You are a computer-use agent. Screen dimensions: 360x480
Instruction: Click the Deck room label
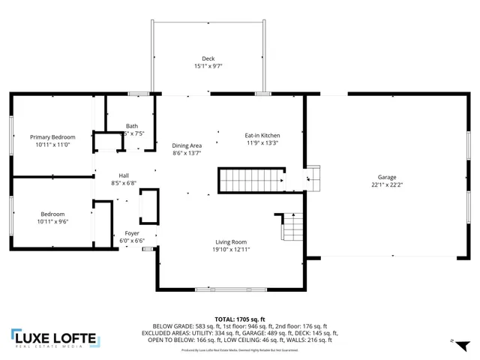click(208, 58)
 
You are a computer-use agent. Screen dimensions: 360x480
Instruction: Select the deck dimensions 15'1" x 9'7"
click(208, 66)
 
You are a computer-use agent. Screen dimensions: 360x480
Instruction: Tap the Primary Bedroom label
click(52, 137)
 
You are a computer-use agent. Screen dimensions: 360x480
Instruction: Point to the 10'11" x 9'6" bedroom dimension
click(52, 221)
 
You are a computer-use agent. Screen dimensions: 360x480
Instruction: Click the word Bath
click(132, 126)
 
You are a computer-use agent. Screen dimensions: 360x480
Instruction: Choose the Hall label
click(103, 175)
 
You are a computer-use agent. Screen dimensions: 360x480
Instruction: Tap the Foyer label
click(131, 234)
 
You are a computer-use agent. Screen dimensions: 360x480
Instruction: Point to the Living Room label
click(231, 241)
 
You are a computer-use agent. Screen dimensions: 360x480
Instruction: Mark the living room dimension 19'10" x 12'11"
click(231, 249)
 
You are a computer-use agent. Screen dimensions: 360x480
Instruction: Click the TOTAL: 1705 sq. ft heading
click(245, 317)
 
